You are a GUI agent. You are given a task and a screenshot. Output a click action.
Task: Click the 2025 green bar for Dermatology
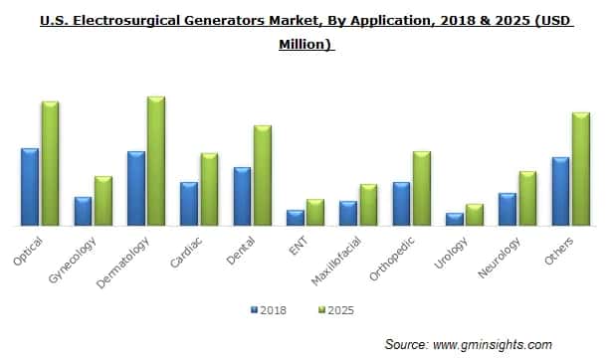pyautogui.click(x=156, y=162)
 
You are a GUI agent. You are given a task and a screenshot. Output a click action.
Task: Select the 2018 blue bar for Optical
pyautogui.click(x=30, y=187)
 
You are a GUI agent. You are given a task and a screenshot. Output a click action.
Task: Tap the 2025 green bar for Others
pyautogui.click(x=582, y=170)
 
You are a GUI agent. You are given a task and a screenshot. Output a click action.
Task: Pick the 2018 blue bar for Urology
pyautogui.click(x=455, y=220)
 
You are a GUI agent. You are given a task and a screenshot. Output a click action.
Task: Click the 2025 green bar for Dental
pyautogui.click(x=263, y=176)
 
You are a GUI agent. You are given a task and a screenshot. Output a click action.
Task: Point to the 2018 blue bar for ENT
pyautogui.click(x=296, y=218)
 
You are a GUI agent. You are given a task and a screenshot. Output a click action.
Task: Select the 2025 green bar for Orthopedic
pyautogui.click(x=422, y=189)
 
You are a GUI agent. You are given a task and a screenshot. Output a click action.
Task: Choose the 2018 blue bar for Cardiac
pyautogui.click(x=189, y=204)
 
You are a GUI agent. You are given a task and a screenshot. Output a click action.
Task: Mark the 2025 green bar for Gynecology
pyautogui.click(x=103, y=201)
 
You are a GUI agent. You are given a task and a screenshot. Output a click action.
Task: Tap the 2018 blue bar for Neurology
pyautogui.click(x=508, y=210)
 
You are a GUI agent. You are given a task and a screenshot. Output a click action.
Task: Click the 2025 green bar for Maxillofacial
pyautogui.click(x=368, y=205)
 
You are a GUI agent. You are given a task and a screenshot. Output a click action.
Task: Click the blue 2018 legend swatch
pyautogui.click(x=253, y=310)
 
